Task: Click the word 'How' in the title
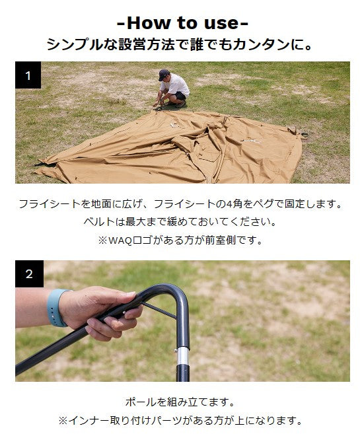149,22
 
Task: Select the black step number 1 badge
28,75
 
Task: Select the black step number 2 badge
29,273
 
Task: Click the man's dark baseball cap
164,75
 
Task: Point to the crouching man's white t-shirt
176,84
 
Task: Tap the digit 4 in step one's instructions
229,204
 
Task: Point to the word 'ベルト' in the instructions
99,222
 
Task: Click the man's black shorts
179,96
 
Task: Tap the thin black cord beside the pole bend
159,310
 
